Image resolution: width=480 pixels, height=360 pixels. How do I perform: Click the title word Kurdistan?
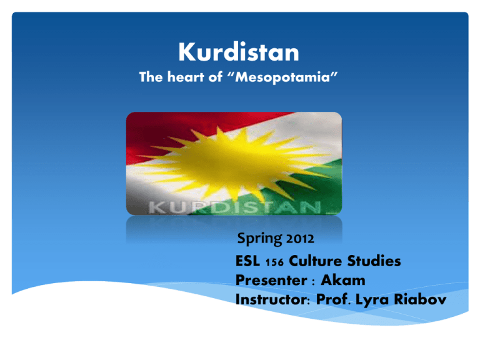pyautogui.click(x=239, y=52)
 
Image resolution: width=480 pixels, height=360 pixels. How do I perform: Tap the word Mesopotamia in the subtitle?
pyautogui.click(x=282, y=77)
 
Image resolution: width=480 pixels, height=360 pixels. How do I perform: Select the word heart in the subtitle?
pyautogui.click(x=186, y=76)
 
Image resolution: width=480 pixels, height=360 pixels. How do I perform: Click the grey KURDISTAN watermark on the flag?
pyautogui.click(x=235, y=207)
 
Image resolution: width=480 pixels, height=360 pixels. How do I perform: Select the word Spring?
pyautogui.click(x=259, y=239)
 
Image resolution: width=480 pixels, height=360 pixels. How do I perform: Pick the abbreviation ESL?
pyautogui.click(x=247, y=261)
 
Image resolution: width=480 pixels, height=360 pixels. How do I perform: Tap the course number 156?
pyautogui.click(x=274, y=262)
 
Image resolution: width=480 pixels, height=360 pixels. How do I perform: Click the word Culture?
pyautogui.click(x=315, y=261)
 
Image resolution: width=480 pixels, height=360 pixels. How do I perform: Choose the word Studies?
pyautogui.click(x=374, y=261)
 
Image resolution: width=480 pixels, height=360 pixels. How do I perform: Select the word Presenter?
pyautogui.click(x=271, y=281)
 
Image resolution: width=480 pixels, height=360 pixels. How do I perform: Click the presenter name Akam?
pyautogui.click(x=343, y=281)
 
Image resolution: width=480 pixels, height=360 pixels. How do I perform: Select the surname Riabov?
pyautogui.click(x=420, y=299)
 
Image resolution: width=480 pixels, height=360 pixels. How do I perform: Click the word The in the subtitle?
pyautogui.click(x=151, y=76)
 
